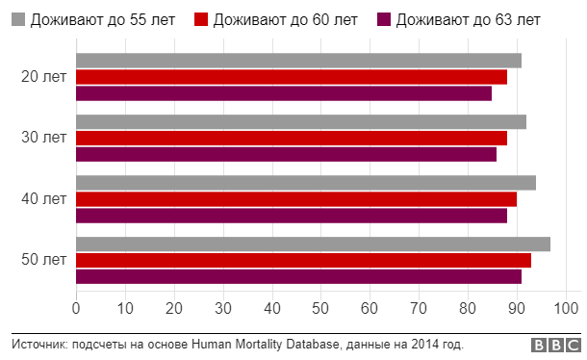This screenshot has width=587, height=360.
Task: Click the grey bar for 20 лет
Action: click(x=298, y=61)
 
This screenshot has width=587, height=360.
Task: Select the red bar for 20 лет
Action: click(x=291, y=77)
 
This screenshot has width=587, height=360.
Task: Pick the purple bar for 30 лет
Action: click(x=286, y=154)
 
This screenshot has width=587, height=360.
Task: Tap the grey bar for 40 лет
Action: click(x=305, y=183)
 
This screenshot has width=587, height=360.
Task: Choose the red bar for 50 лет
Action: click(x=303, y=260)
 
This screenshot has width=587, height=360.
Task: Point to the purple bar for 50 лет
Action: click(x=298, y=276)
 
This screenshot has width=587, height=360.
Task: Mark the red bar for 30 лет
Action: click(x=291, y=138)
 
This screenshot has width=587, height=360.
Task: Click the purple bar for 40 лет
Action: click(x=291, y=216)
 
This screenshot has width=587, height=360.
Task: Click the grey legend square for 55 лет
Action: click(x=16, y=19)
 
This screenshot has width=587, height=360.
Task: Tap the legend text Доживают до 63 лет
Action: click(x=469, y=19)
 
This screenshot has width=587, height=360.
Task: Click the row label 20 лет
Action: click(x=43, y=77)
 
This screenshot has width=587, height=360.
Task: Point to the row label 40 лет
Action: click(x=43, y=199)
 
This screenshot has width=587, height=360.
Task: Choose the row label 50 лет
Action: click(x=43, y=260)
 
